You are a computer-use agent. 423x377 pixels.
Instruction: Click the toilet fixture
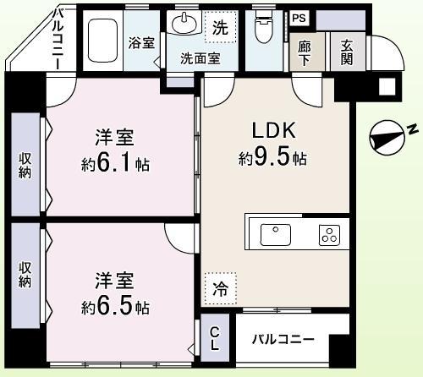click(264, 30)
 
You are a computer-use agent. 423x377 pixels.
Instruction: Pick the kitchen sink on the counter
click(275, 234)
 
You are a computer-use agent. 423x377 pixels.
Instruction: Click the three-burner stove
click(328, 235)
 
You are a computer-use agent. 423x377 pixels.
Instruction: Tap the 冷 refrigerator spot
click(219, 287)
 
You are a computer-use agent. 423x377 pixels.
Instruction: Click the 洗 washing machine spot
click(220, 26)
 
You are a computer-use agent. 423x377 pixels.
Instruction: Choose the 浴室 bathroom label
click(141, 42)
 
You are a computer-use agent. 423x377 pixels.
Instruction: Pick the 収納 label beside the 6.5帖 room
click(25, 270)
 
